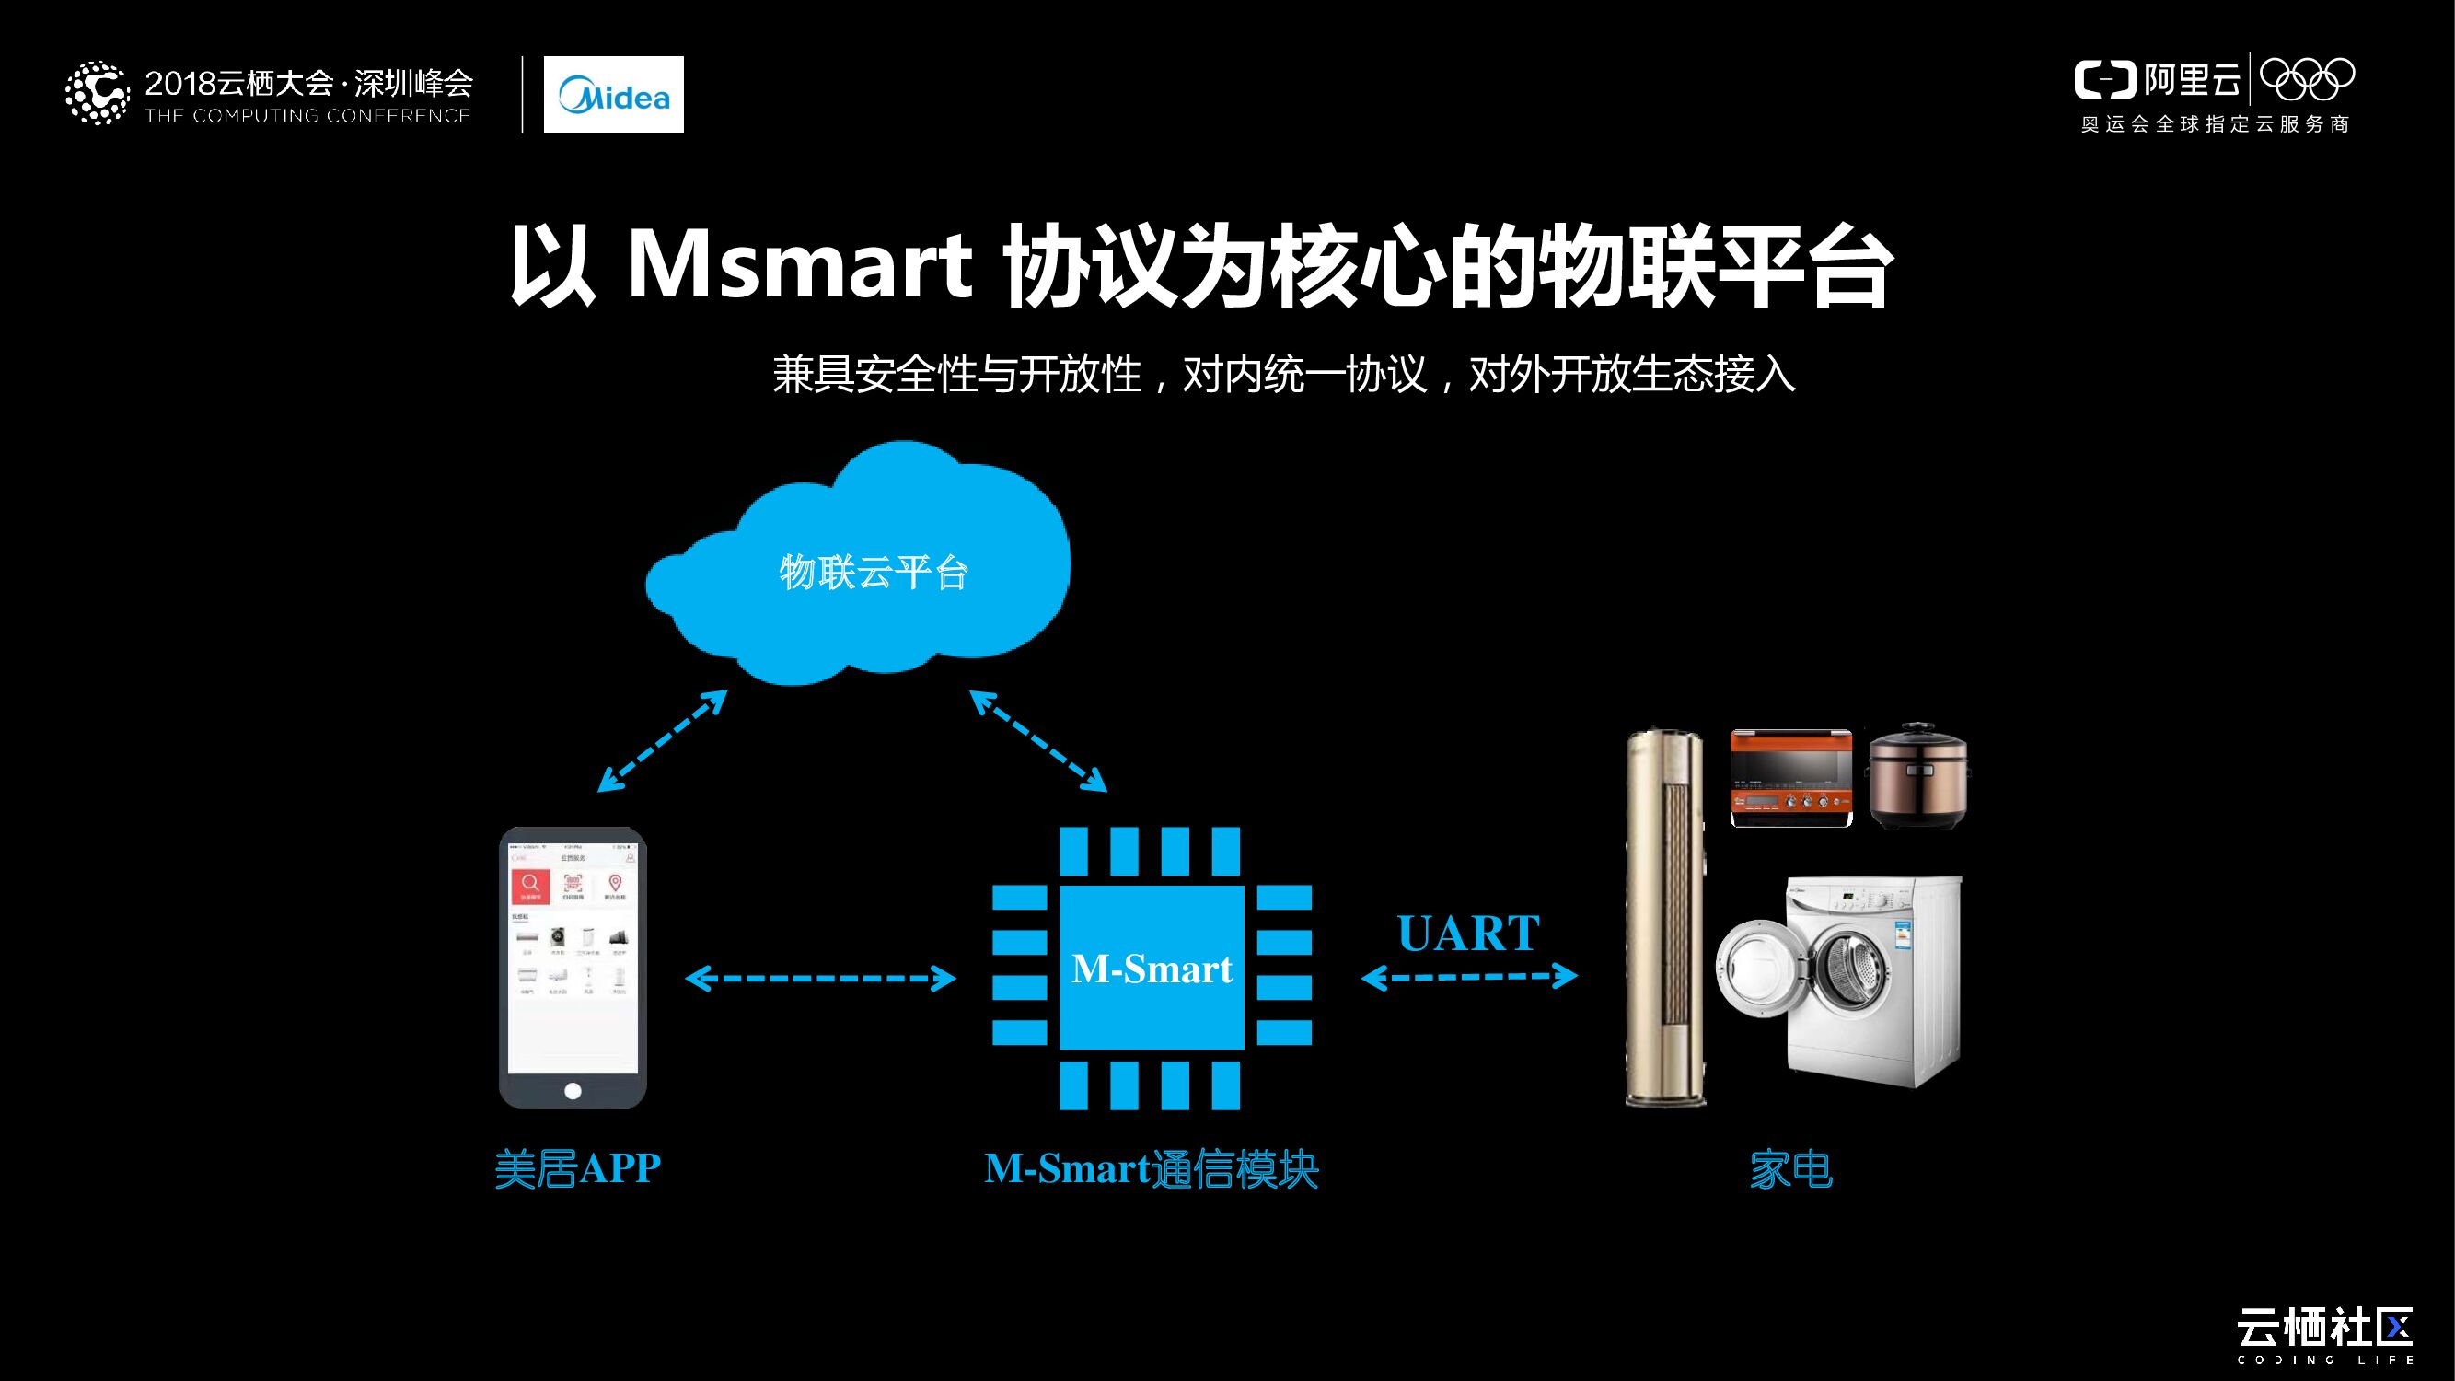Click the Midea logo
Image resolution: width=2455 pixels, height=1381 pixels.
613,94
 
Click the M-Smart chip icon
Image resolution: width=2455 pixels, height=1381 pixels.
1152,968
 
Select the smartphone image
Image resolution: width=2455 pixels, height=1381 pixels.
573,967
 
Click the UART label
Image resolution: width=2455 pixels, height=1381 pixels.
1467,933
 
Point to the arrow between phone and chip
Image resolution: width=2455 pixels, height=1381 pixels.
820,978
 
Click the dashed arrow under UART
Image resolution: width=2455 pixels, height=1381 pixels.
1468,976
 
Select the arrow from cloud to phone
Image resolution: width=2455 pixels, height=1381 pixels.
663,740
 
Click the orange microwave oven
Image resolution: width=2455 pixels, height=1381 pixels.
1790,778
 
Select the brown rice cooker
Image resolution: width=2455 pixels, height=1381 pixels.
1917,776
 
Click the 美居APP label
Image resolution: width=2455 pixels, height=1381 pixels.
577,1167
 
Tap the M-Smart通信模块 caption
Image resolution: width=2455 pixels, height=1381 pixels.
1152,1168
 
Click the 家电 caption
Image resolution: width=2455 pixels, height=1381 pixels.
1790,1168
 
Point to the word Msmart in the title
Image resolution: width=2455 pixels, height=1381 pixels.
799,266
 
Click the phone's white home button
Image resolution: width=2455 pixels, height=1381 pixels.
573,1090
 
